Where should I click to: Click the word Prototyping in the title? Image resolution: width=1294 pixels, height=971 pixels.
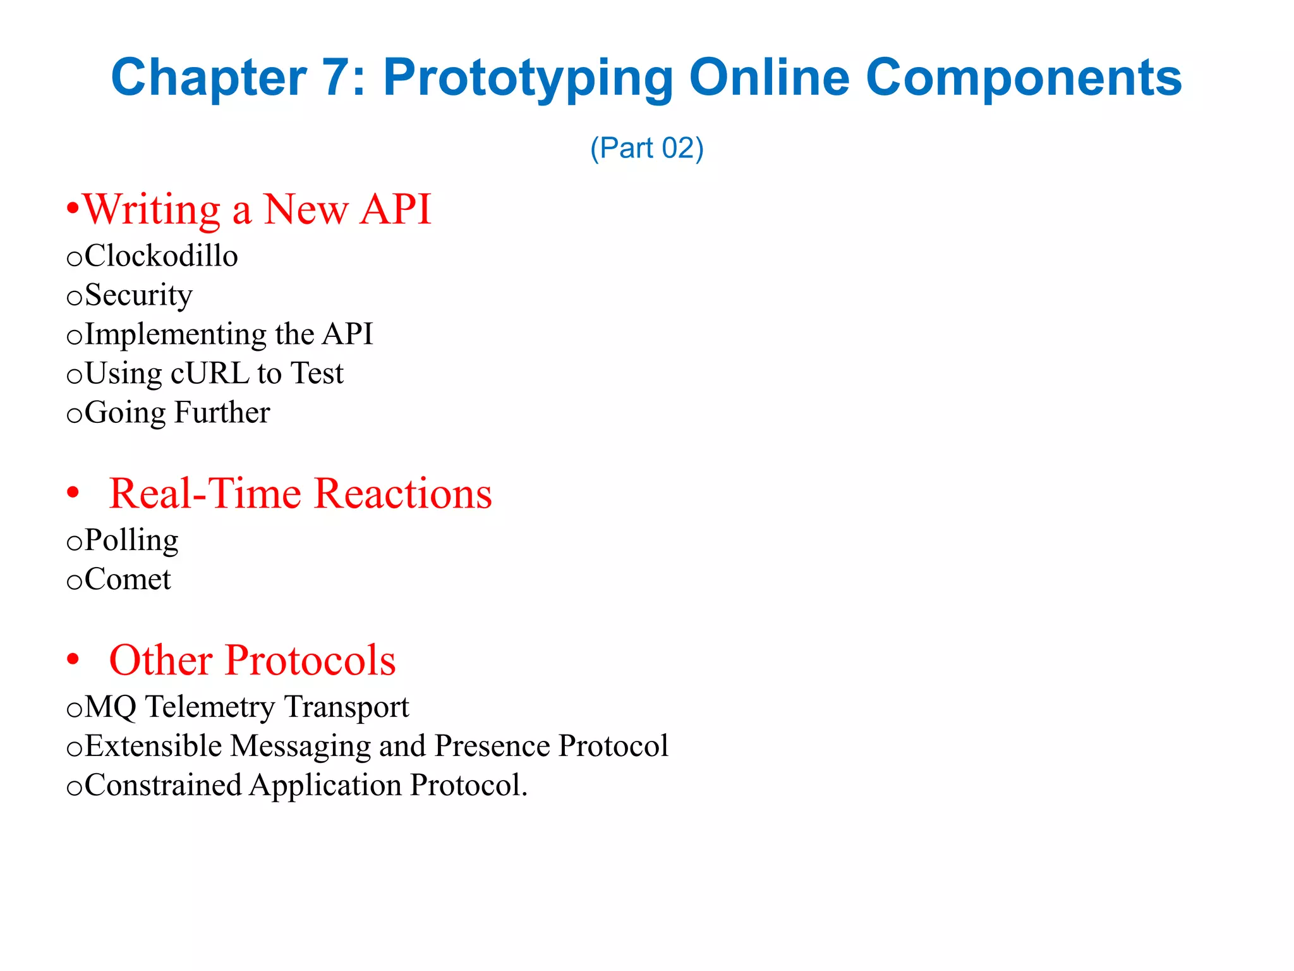pyautogui.click(x=527, y=78)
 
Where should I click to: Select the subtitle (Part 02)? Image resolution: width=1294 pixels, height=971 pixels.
pyautogui.click(x=646, y=148)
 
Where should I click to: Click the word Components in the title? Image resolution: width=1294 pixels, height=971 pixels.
pyautogui.click(x=1023, y=78)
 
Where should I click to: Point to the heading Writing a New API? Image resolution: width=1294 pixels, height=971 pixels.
pyautogui.click(x=257, y=209)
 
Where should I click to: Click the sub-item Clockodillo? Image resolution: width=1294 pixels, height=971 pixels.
pyautogui.click(x=160, y=256)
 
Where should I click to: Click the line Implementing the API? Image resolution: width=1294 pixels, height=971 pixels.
pyautogui.click(x=228, y=334)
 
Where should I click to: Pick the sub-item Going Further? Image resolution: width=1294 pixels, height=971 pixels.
pyautogui.click(x=177, y=412)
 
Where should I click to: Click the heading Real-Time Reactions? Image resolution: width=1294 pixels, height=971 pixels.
pyautogui.click(x=300, y=494)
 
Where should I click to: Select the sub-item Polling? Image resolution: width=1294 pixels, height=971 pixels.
pyautogui.click(x=131, y=540)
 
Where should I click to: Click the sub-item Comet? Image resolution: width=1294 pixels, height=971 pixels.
pyautogui.click(x=127, y=579)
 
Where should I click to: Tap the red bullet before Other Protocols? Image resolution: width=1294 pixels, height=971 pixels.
pyautogui.click(x=73, y=659)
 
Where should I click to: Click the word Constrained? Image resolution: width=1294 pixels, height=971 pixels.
pyautogui.click(x=162, y=785)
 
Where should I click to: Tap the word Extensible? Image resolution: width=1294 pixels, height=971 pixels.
pyautogui.click(x=153, y=746)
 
